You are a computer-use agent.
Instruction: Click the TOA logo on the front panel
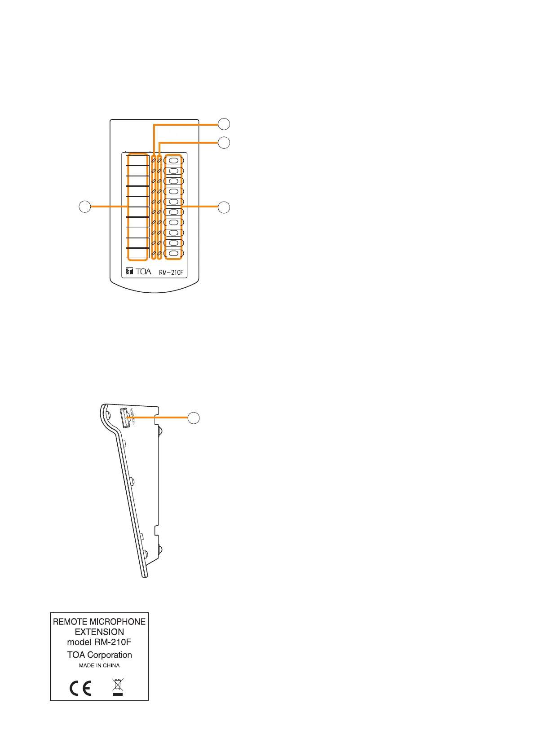tap(138, 272)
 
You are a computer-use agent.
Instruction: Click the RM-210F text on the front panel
tap(171, 272)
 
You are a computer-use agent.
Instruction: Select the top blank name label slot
tap(137, 160)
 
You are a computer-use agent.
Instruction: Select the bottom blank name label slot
tap(137, 253)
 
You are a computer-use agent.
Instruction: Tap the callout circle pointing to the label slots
tap(85, 207)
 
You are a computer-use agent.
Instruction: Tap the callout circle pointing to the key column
tap(224, 207)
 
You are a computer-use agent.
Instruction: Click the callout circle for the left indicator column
tap(224, 123)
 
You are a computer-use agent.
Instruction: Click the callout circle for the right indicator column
tap(224, 142)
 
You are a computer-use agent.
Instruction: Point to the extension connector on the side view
tap(124, 418)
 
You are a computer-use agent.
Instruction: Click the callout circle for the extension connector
tap(194, 418)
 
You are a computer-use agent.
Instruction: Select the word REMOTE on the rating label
tap(70, 622)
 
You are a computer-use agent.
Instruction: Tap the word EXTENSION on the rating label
tap(99, 632)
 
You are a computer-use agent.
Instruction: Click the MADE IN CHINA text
tap(99, 665)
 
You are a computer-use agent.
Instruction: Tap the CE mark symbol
tap(81, 688)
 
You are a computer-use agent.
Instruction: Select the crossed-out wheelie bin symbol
tap(118, 687)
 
